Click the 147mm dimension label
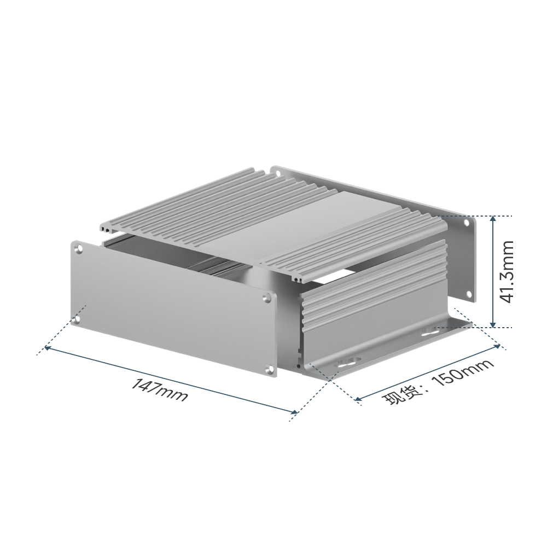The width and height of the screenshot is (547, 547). (159, 391)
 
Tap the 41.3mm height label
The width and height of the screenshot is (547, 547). (507, 271)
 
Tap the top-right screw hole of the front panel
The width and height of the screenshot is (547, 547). (267, 298)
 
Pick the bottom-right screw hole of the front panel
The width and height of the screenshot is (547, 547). (269, 370)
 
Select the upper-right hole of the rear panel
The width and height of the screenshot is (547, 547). (466, 223)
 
